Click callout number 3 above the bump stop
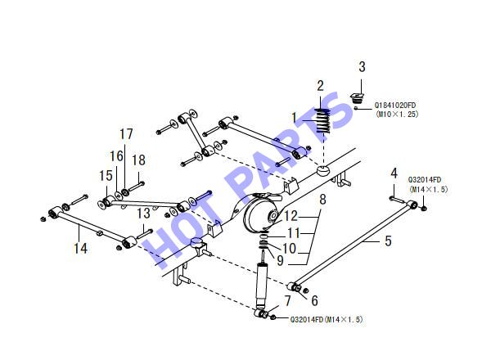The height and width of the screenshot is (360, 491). [x=362, y=66]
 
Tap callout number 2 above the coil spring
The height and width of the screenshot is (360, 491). [x=320, y=86]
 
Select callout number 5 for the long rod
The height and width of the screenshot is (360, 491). [x=388, y=241]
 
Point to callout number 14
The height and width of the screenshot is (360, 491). [x=80, y=248]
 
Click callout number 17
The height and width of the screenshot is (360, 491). [x=126, y=134]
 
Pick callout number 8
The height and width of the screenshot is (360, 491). [x=322, y=199]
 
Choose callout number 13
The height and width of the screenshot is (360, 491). [x=144, y=214]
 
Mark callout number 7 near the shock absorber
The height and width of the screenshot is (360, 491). [x=287, y=301]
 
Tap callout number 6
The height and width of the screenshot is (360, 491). [x=314, y=300]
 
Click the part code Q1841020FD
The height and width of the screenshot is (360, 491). [x=395, y=106]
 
